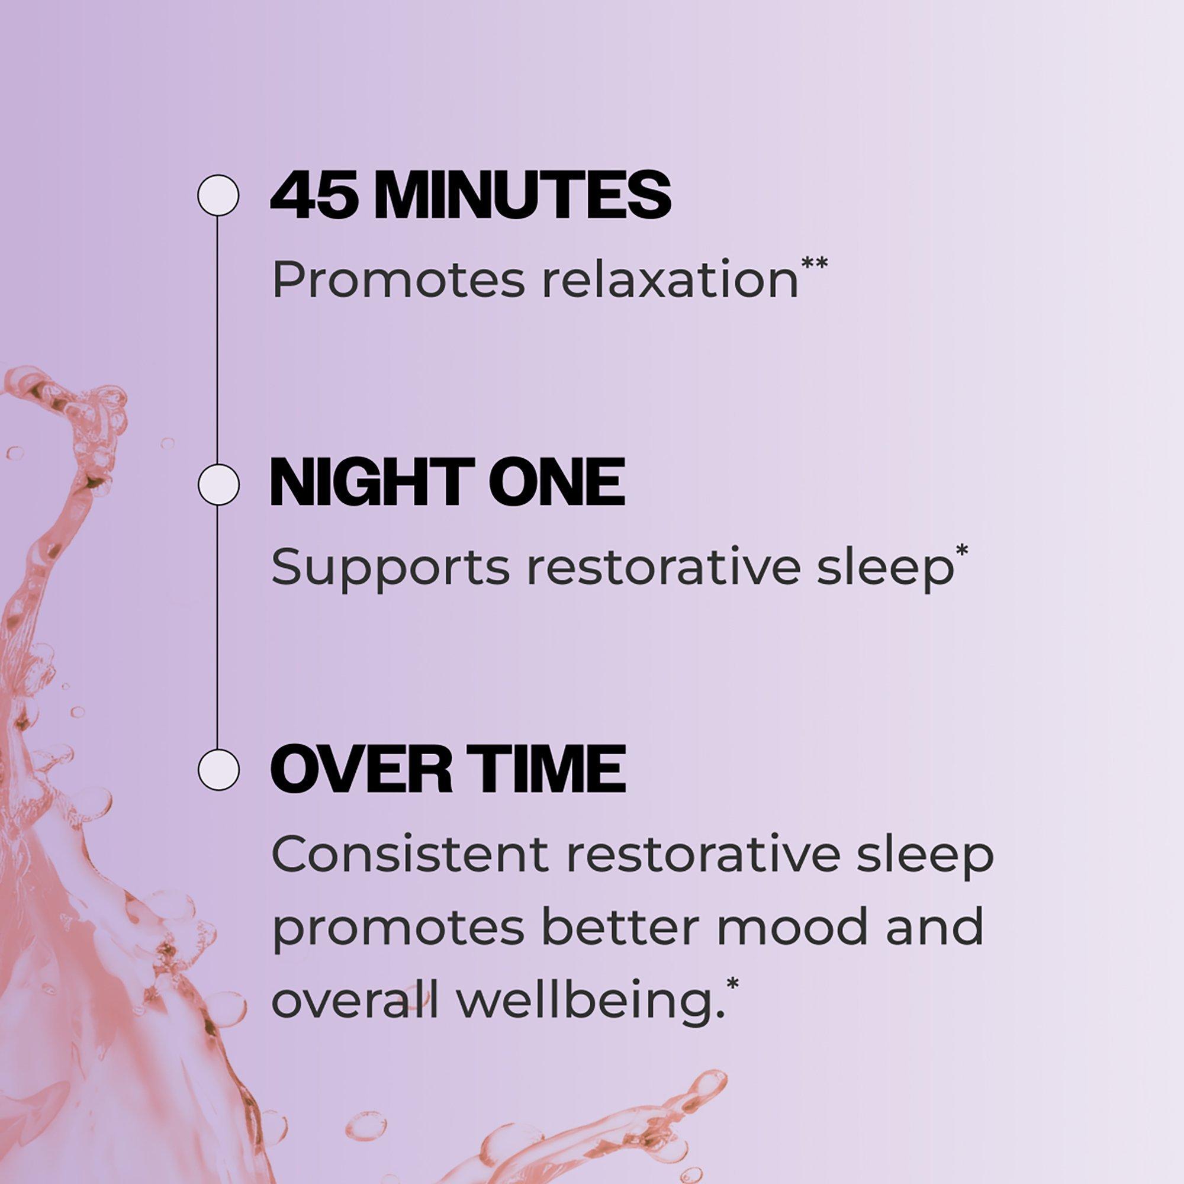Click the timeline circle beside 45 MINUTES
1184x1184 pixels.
point(217,195)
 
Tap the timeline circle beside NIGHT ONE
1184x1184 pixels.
point(217,485)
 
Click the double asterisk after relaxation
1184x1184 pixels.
point(815,263)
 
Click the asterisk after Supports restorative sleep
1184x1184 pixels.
point(961,551)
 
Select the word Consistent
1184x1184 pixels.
point(410,853)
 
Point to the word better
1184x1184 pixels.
point(620,926)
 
